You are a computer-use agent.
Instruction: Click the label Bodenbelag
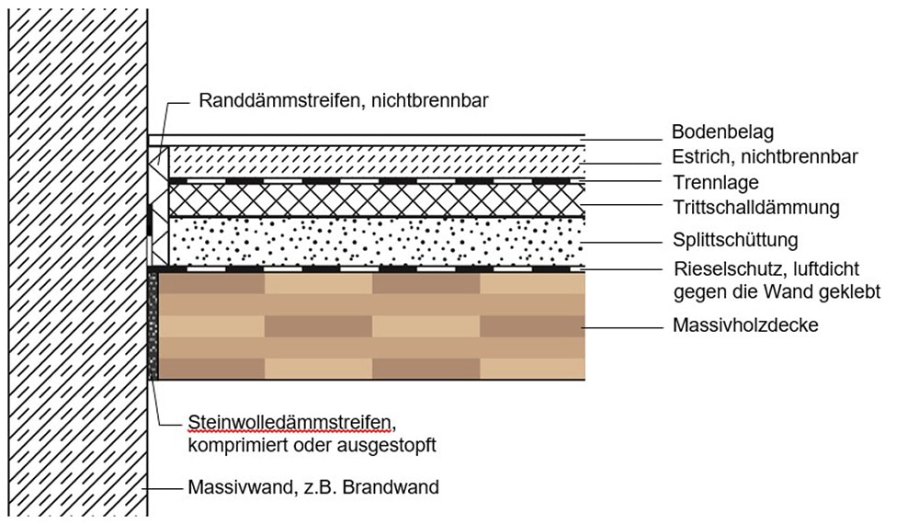pos(722,132)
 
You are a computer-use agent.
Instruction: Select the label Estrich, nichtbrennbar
pos(765,157)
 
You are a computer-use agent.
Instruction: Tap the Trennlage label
pos(715,182)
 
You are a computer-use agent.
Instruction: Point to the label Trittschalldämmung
pos(755,208)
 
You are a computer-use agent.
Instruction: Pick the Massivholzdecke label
pos(745,325)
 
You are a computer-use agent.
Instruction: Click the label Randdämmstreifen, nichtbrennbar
pos(343,101)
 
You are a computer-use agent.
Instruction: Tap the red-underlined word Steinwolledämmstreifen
pos(290,424)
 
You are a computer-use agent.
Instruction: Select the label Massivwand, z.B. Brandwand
pos(312,487)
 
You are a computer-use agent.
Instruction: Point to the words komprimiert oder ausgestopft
pos(310,446)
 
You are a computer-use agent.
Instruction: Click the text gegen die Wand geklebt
pos(777,292)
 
